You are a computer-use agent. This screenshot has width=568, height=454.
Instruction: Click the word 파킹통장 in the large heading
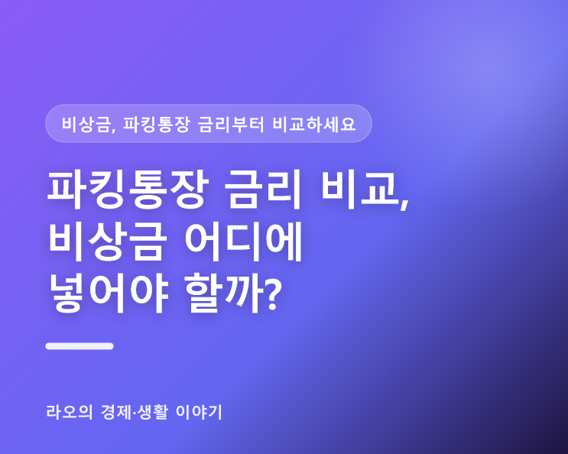128,190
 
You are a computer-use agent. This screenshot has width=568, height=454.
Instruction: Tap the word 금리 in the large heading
262,190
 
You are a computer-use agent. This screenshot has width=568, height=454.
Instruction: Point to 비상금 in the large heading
108,241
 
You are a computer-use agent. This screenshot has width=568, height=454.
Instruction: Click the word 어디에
243,241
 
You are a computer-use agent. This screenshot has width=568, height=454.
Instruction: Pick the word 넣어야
109,293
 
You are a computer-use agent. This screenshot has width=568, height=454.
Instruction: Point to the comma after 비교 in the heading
404,203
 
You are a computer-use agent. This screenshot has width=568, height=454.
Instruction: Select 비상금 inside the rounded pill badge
86,124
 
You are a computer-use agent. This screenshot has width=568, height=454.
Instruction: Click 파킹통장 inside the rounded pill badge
156,124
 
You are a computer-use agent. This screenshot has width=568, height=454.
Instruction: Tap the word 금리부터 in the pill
231,124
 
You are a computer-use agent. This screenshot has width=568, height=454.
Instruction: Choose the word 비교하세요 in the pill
314,124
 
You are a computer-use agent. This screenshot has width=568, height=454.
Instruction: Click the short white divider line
80,346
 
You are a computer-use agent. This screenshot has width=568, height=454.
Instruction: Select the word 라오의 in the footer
70,412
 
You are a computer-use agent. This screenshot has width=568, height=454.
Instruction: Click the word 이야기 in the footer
199,412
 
